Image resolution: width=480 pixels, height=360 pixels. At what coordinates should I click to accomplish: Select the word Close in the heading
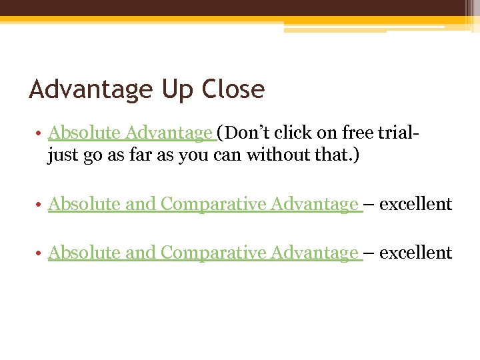tap(232, 89)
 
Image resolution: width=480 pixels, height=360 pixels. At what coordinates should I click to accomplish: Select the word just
tap(63, 156)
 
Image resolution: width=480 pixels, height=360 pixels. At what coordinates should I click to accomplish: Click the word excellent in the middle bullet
tap(416, 204)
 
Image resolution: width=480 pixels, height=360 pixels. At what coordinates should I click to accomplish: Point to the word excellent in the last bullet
tap(416, 253)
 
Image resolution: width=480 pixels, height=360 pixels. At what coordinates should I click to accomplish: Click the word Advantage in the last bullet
tap(314, 253)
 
